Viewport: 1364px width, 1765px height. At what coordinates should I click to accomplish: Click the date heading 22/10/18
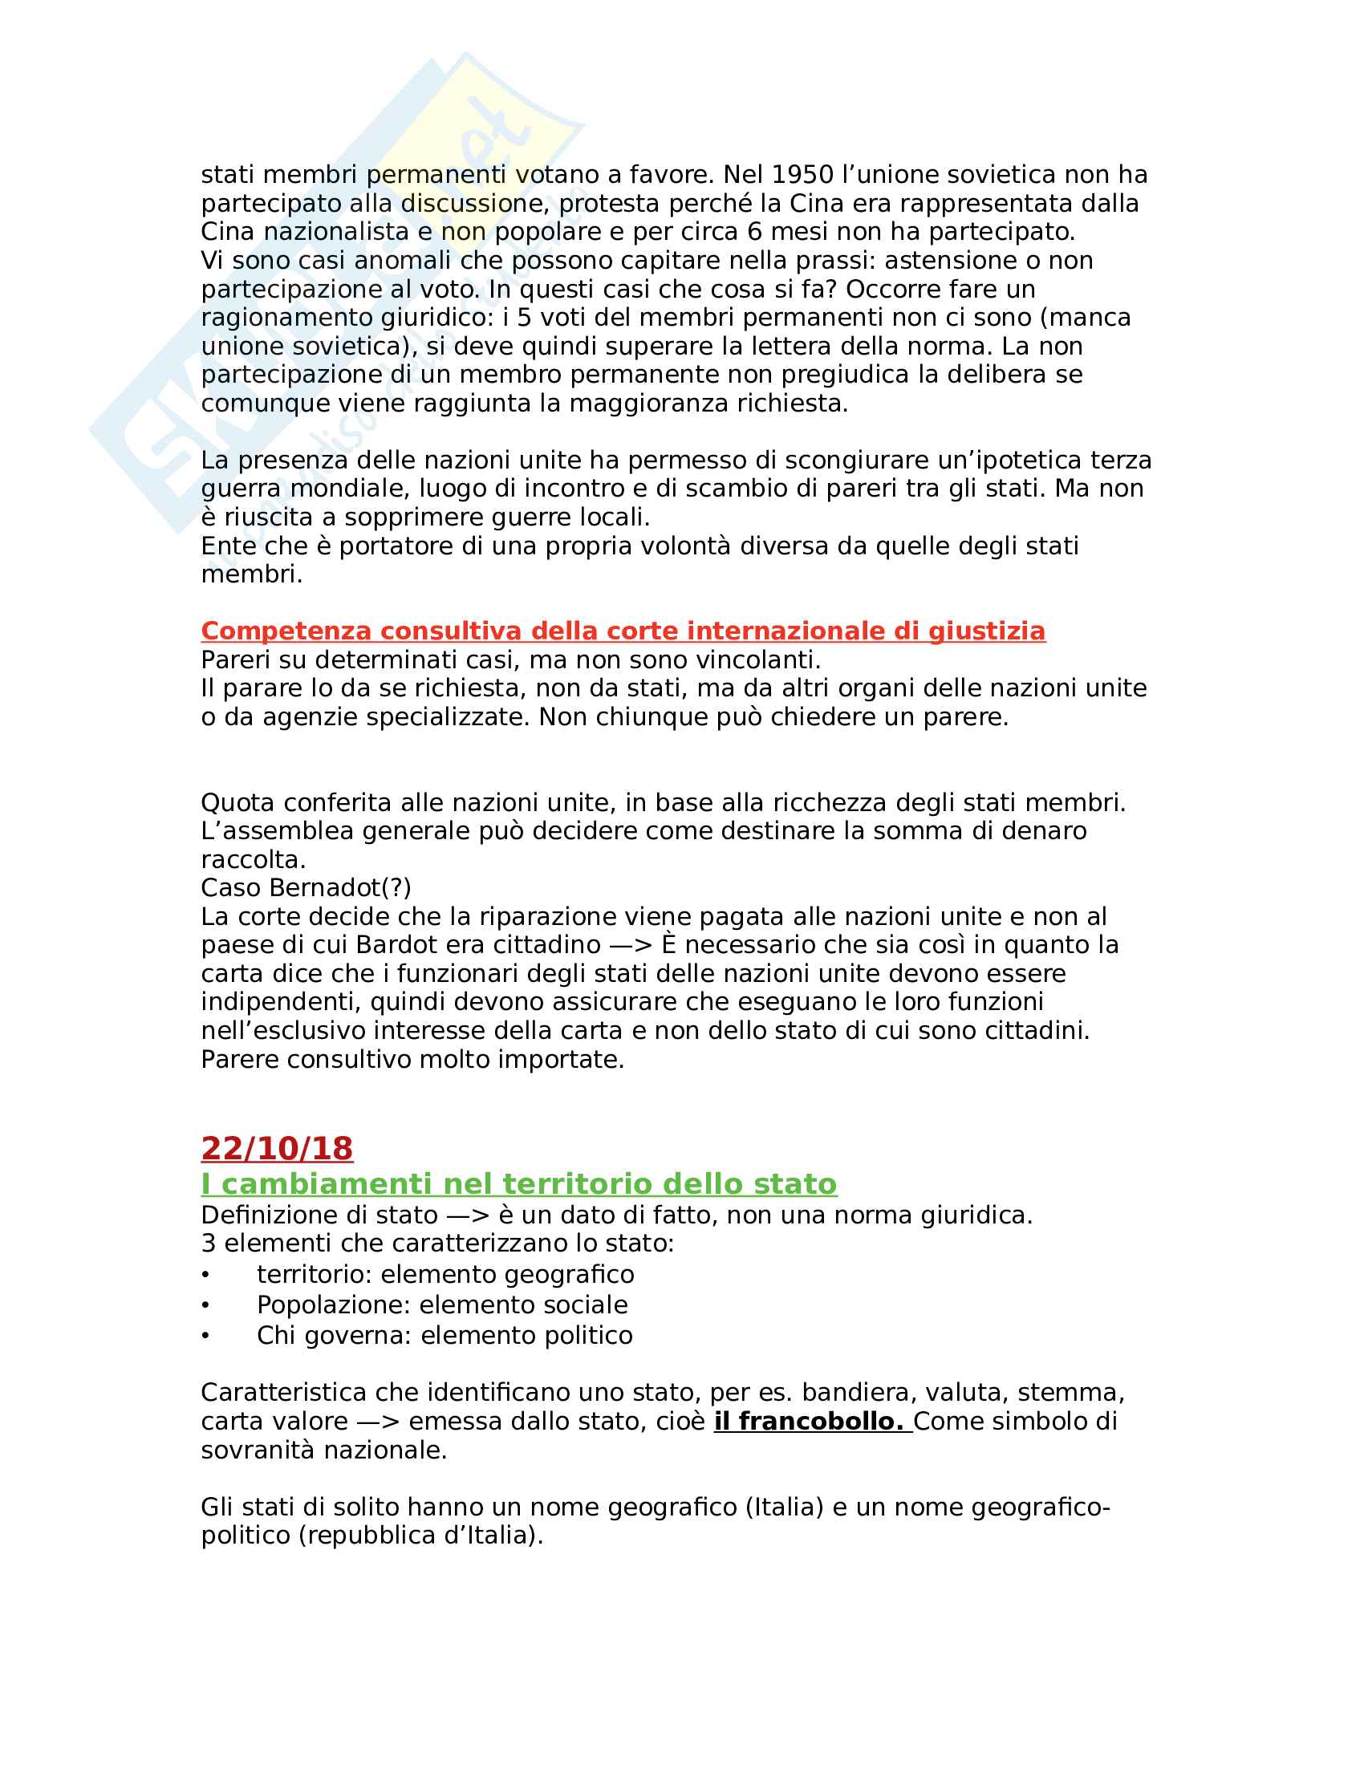276,1148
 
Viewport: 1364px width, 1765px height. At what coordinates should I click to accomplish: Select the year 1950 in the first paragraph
802,175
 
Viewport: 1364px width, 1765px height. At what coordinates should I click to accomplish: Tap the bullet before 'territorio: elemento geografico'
206,1275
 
